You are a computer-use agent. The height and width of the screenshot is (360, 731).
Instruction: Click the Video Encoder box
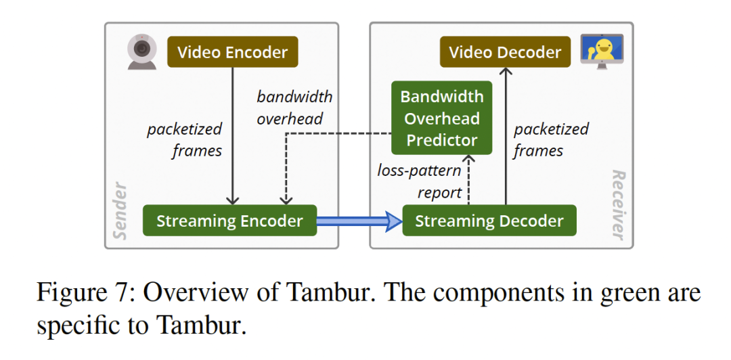[233, 53]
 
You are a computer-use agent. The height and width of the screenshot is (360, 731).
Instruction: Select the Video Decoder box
[505, 53]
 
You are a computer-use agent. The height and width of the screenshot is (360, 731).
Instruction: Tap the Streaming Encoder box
[229, 221]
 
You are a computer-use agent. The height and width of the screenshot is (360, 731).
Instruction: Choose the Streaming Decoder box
[489, 221]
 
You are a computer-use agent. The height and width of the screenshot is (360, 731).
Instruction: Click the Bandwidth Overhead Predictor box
[441, 118]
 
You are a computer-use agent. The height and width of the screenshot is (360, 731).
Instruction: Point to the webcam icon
[142, 51]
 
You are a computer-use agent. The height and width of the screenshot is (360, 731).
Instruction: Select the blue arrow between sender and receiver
[359, 221]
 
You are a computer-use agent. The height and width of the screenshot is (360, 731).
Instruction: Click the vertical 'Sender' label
[120, 210]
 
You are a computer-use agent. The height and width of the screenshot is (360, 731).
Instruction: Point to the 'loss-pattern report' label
[420, 181]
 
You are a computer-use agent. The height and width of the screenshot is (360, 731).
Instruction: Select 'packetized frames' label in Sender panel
[185, 139]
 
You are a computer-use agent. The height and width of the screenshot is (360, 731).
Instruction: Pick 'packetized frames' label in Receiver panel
[551, 139]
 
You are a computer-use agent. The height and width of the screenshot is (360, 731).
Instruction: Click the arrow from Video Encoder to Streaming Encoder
[233, 135]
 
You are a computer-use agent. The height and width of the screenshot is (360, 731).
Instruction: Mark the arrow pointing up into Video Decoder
[505, 135]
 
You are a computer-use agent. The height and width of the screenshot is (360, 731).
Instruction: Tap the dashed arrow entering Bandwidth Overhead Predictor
[469, 177]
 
